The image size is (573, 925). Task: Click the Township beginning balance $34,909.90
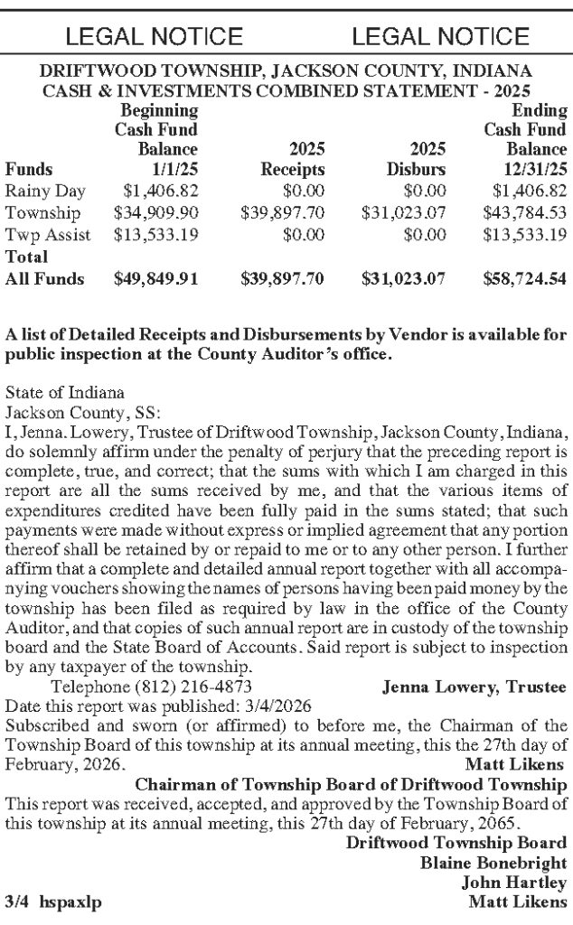tap(155, 214)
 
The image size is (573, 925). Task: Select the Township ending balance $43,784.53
tap(525, 214)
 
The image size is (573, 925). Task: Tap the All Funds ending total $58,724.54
tap(525, 279)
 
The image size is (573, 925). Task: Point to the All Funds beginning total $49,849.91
tap(155, 279)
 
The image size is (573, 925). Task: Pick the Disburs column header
tap(417, 169)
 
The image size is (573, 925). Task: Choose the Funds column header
tap(29, 169)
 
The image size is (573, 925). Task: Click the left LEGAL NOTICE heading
tap(155, 36)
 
